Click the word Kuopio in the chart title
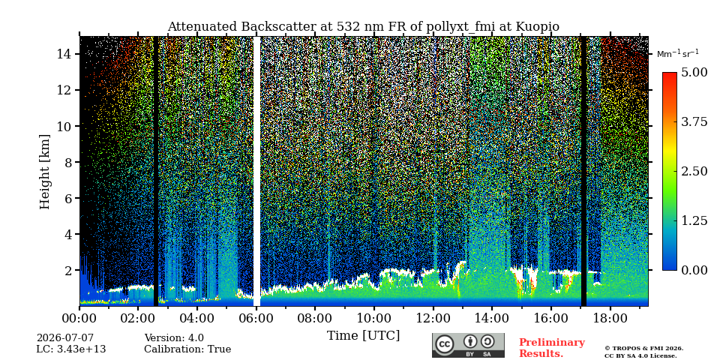pos(537,27)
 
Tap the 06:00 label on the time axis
pos(256,318)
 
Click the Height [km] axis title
pos(44,172)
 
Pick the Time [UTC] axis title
pos(363,336)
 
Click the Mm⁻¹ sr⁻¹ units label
pos(678,54)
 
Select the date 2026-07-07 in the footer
pos(65,338)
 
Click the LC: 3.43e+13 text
pos(71,349)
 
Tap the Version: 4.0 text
pos(174,338)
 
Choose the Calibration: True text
pos(187,349)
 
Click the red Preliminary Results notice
pos(552,348)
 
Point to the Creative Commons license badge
pos(468,345)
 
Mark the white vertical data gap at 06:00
pos(256,171)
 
